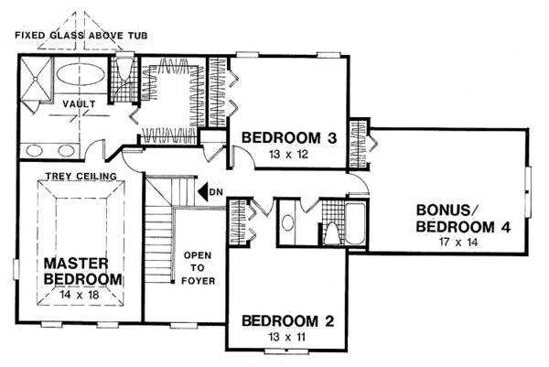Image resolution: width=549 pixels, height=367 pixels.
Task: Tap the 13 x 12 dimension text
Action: (x=289, y=155)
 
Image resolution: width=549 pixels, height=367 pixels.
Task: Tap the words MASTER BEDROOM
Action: (x=81, y=271)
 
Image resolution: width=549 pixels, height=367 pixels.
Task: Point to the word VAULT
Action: (x=79, y=104)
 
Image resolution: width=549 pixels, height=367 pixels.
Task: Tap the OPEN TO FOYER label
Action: (x=199, y=267)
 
